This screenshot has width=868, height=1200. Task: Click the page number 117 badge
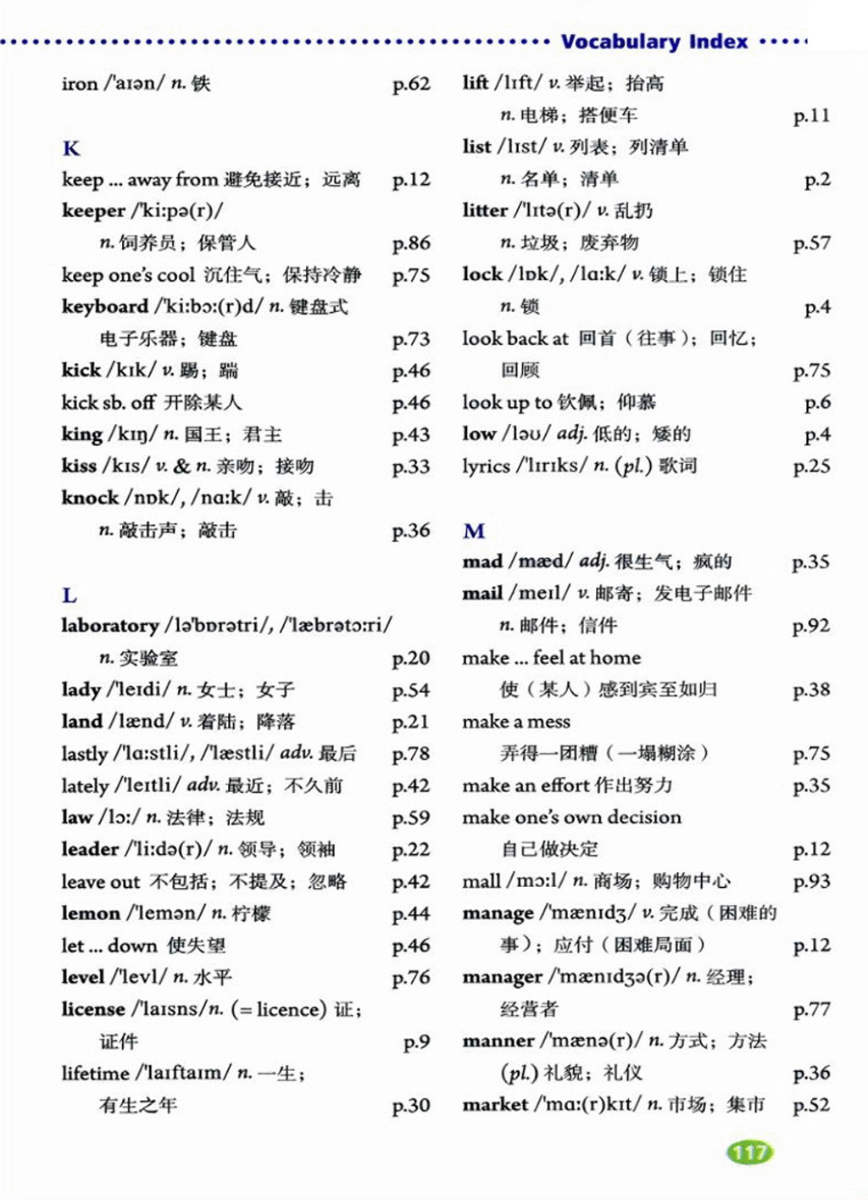(x=749, y=1152)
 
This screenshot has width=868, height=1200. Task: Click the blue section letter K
(x=71, y=148)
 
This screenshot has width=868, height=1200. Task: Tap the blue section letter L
(x=70, y=594)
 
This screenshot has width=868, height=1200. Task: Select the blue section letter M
(x=474, y=531)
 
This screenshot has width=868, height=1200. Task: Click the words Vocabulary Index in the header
(x=654, y=42)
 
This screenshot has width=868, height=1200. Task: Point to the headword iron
(x=80, y=83)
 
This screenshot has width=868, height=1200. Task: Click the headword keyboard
(x=104, y=306)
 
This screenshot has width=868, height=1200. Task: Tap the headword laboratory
(x=109, y=626)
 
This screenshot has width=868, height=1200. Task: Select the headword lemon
(x=90, y=913)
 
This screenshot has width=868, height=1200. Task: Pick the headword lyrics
(x=486, y=466)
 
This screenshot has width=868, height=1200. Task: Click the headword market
(x=495, y=1104)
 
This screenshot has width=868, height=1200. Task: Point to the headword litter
(x=485, y=210)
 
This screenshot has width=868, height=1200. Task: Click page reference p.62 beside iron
(x=411, y=84)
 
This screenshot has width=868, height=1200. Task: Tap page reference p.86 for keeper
(x=411, y=243)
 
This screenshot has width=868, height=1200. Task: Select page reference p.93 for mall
(x=811, y=881)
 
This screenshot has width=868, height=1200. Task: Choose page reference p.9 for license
(x=416, y=1041)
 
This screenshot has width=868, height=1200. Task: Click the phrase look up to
(x=507, y=402)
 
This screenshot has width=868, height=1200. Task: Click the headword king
(x=81, y=434)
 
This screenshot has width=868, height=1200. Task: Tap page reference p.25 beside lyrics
(x=811, y=466)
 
